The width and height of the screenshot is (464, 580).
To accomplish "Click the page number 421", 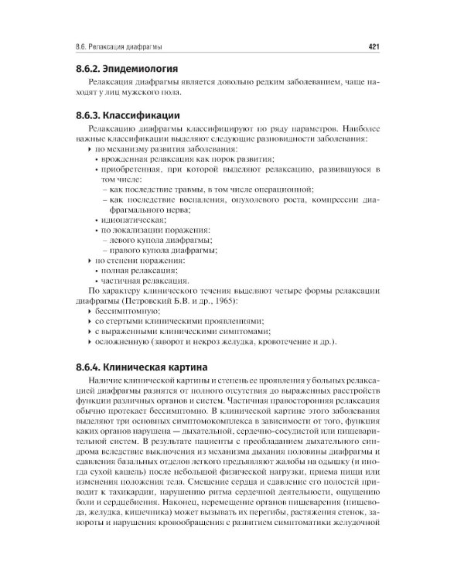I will click(372, 46).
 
